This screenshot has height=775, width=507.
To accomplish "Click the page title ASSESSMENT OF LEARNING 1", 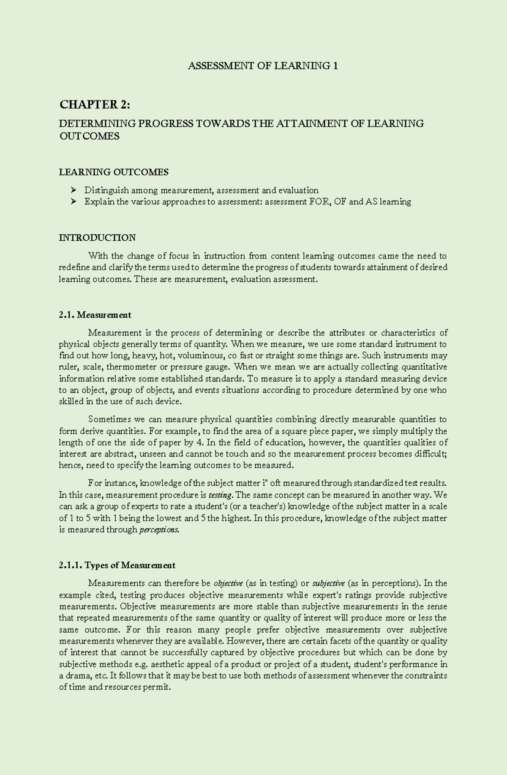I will [263, 66].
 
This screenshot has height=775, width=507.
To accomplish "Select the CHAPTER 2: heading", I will [95, 104].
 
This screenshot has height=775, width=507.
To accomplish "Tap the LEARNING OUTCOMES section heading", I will [113, 172].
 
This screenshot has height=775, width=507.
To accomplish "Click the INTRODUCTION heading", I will [97, 237].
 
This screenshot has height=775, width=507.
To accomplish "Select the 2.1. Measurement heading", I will [95, 315].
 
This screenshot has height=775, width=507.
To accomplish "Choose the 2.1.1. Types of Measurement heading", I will [117, 565].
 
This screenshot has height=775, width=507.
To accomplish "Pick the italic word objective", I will [228, 584].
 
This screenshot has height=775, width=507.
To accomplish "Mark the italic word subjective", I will [328, 584].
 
